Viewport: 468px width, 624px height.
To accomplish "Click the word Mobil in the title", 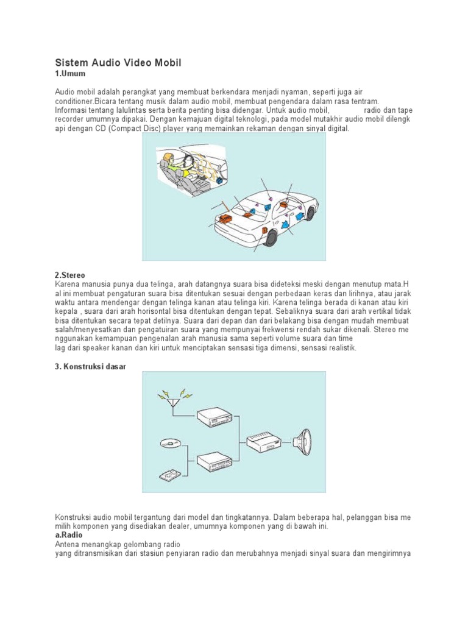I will point(163,63).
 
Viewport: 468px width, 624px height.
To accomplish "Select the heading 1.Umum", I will point(69,74).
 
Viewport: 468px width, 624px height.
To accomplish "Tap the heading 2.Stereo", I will point(71,275).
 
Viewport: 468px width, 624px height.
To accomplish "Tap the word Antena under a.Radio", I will point(68,544).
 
